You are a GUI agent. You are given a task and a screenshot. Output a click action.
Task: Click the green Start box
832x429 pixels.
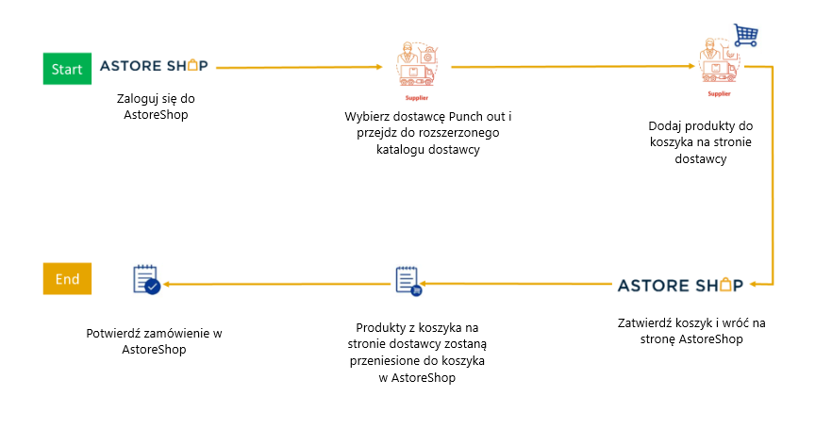67,69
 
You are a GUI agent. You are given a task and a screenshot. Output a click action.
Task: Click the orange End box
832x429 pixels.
67,279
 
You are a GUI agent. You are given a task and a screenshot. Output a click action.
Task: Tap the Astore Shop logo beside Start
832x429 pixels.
154,66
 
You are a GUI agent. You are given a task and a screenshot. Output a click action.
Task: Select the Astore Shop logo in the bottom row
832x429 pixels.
680,286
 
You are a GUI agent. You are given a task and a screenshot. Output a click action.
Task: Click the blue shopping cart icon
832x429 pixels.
746,35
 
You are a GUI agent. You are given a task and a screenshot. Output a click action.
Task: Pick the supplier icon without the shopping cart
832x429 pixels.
417,67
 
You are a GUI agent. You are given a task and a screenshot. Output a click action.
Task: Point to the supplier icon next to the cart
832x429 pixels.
719,63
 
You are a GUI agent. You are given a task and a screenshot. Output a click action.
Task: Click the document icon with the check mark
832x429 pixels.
147,279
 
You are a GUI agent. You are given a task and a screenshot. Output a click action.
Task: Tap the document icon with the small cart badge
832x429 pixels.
408,281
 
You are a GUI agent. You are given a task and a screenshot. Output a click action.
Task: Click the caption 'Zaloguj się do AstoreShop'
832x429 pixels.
156,107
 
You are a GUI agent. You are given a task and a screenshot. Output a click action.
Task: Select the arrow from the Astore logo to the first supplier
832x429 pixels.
299,67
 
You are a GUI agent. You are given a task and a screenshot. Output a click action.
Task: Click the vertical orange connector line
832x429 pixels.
773,175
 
